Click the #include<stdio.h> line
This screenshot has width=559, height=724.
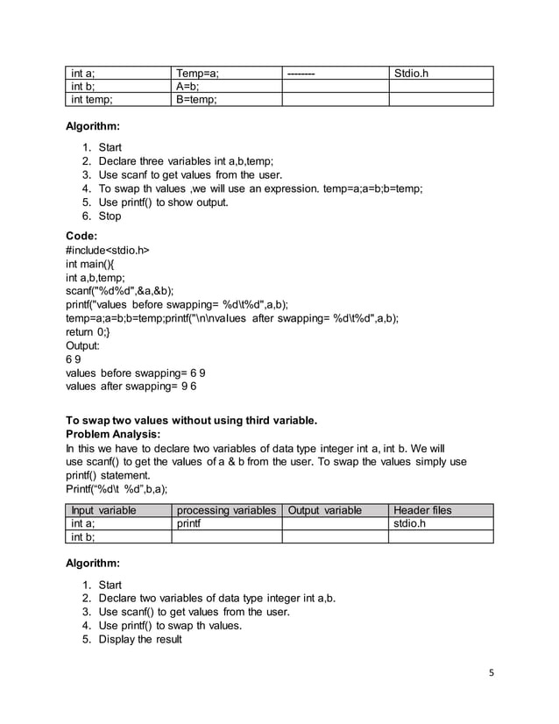pos(108,250)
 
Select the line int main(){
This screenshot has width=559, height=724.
pos(96,264)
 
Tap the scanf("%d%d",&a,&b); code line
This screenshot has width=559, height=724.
pos(120,291)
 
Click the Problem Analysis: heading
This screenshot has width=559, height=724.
pos(113,434)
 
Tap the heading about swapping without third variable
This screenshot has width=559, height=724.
pos(191,420)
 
